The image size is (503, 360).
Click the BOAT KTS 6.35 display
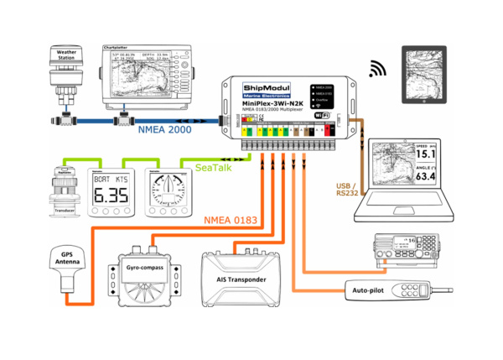click(x=107, y=186)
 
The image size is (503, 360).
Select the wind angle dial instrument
click(x=165, y=185)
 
